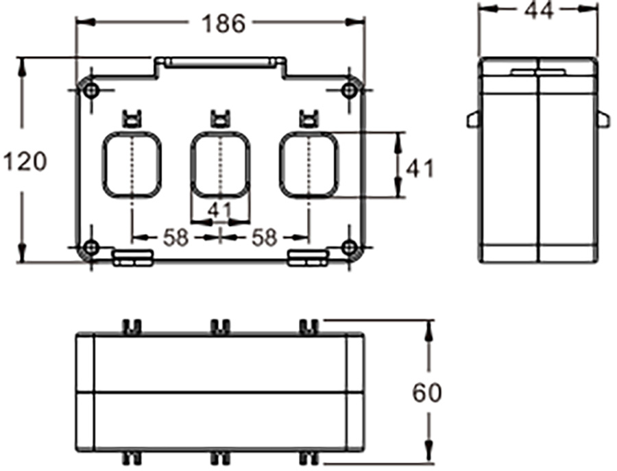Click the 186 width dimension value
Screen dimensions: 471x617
tap(222, 23)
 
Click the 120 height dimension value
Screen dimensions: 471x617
tap(25, 162)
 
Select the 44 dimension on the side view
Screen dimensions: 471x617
tap(538, 10)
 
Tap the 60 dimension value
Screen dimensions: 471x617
tap(427, 393)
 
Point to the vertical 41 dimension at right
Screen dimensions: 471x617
tap(420, 166)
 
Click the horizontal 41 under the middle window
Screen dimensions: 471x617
tap(219, 211)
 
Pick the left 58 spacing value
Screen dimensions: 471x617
tap(176, 238)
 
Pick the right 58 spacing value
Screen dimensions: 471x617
tap(264, 238)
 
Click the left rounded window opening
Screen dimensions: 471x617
tap(132, 165)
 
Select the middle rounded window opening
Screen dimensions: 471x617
tap(219, 165)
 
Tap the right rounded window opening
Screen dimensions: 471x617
tap(308, 165)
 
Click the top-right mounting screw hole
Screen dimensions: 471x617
tap(348, 90)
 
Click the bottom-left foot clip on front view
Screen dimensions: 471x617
tap(132, 257)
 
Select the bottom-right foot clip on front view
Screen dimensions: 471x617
tap(308, 257)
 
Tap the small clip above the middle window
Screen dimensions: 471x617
tap(219, 118)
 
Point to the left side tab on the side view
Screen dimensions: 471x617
tap(472, 120)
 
